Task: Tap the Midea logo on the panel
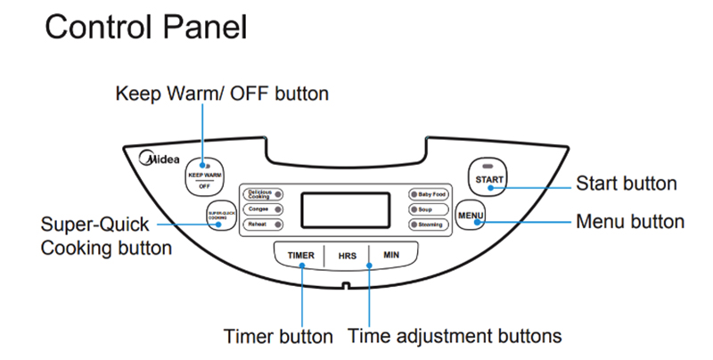[160, 160]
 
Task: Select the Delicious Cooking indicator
[264, 192]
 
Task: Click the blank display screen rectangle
[345, 209]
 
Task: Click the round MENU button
[471, 217]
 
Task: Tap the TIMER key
[300, 256]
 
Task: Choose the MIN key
[390, 256]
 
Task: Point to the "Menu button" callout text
[630, 221]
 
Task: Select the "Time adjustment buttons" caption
[455, 337]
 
